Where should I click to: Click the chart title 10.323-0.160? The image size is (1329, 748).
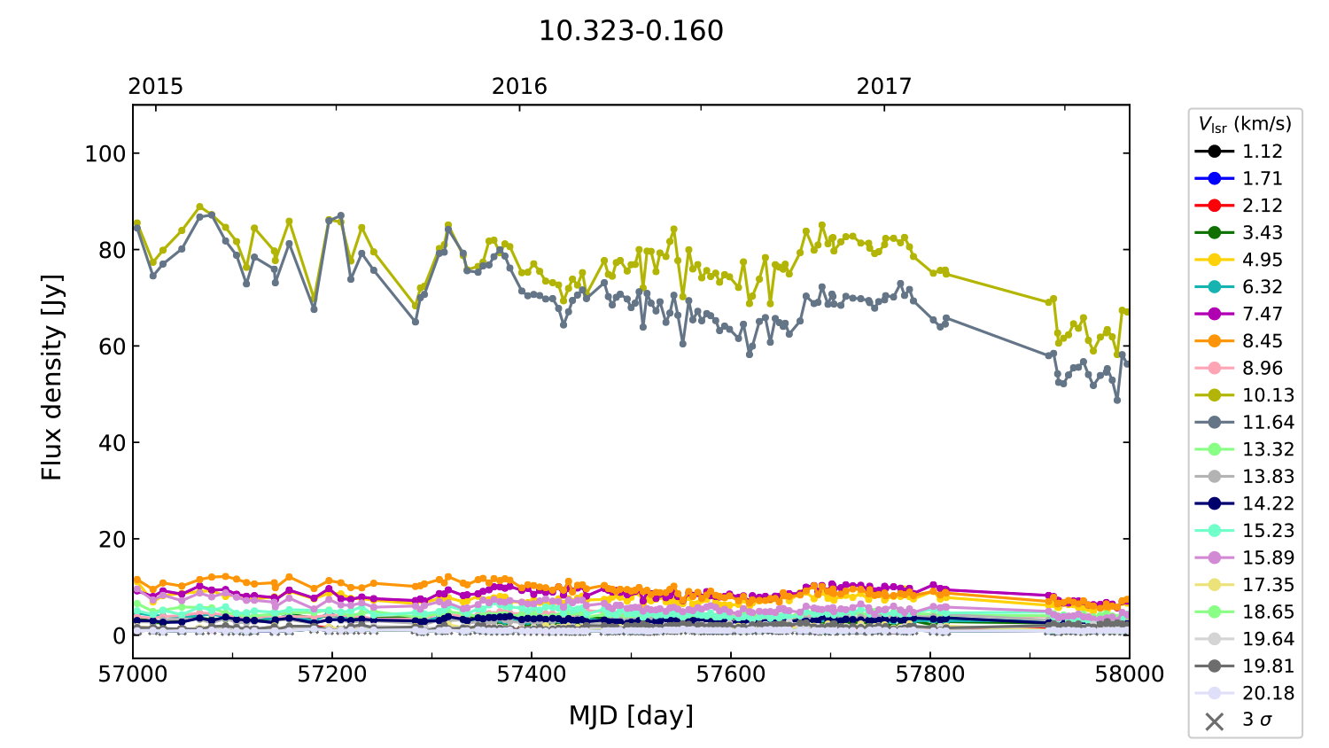coord(631,31)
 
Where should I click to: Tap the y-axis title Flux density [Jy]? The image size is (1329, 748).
coord(52,378)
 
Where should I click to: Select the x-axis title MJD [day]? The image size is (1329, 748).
coord(631,715)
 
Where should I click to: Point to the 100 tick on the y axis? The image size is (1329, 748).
coord(105,153)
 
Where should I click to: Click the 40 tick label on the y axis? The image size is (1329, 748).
coord(113,442)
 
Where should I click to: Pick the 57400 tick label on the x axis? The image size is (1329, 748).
coord(532,674)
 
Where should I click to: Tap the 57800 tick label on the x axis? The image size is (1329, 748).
coord(930,674)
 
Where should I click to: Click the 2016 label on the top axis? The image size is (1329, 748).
coord(519,86)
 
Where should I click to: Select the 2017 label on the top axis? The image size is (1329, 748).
coord(883,86)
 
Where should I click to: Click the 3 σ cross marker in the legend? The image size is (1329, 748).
coord(1215,721)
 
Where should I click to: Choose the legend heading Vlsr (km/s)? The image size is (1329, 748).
coord(1245,124)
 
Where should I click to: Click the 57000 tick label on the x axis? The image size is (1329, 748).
coord(133,674)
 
